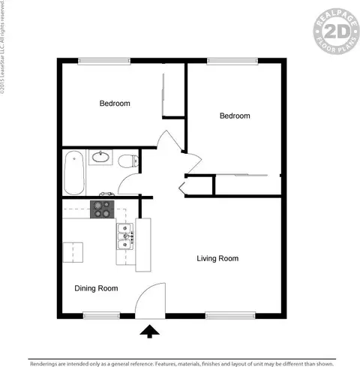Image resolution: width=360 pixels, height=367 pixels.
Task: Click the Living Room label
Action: click(217, 259)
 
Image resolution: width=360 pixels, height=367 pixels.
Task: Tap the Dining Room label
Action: click(96, 288)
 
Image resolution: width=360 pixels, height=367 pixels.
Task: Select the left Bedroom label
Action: click(115, 104)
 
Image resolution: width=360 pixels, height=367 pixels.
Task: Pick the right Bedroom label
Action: click(234, 116)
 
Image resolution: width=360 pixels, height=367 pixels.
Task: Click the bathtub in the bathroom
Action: click(74, 172)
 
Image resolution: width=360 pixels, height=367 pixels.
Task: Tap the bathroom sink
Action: click(100, 158)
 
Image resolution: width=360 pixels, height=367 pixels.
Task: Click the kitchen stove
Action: click(101, 209)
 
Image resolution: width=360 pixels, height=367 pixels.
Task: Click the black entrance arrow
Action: click(149, 329)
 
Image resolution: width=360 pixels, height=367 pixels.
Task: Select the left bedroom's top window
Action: click(99, 62)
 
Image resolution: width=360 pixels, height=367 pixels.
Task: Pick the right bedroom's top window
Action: click(226, 62)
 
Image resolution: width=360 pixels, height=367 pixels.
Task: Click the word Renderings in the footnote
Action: click(47, 362)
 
